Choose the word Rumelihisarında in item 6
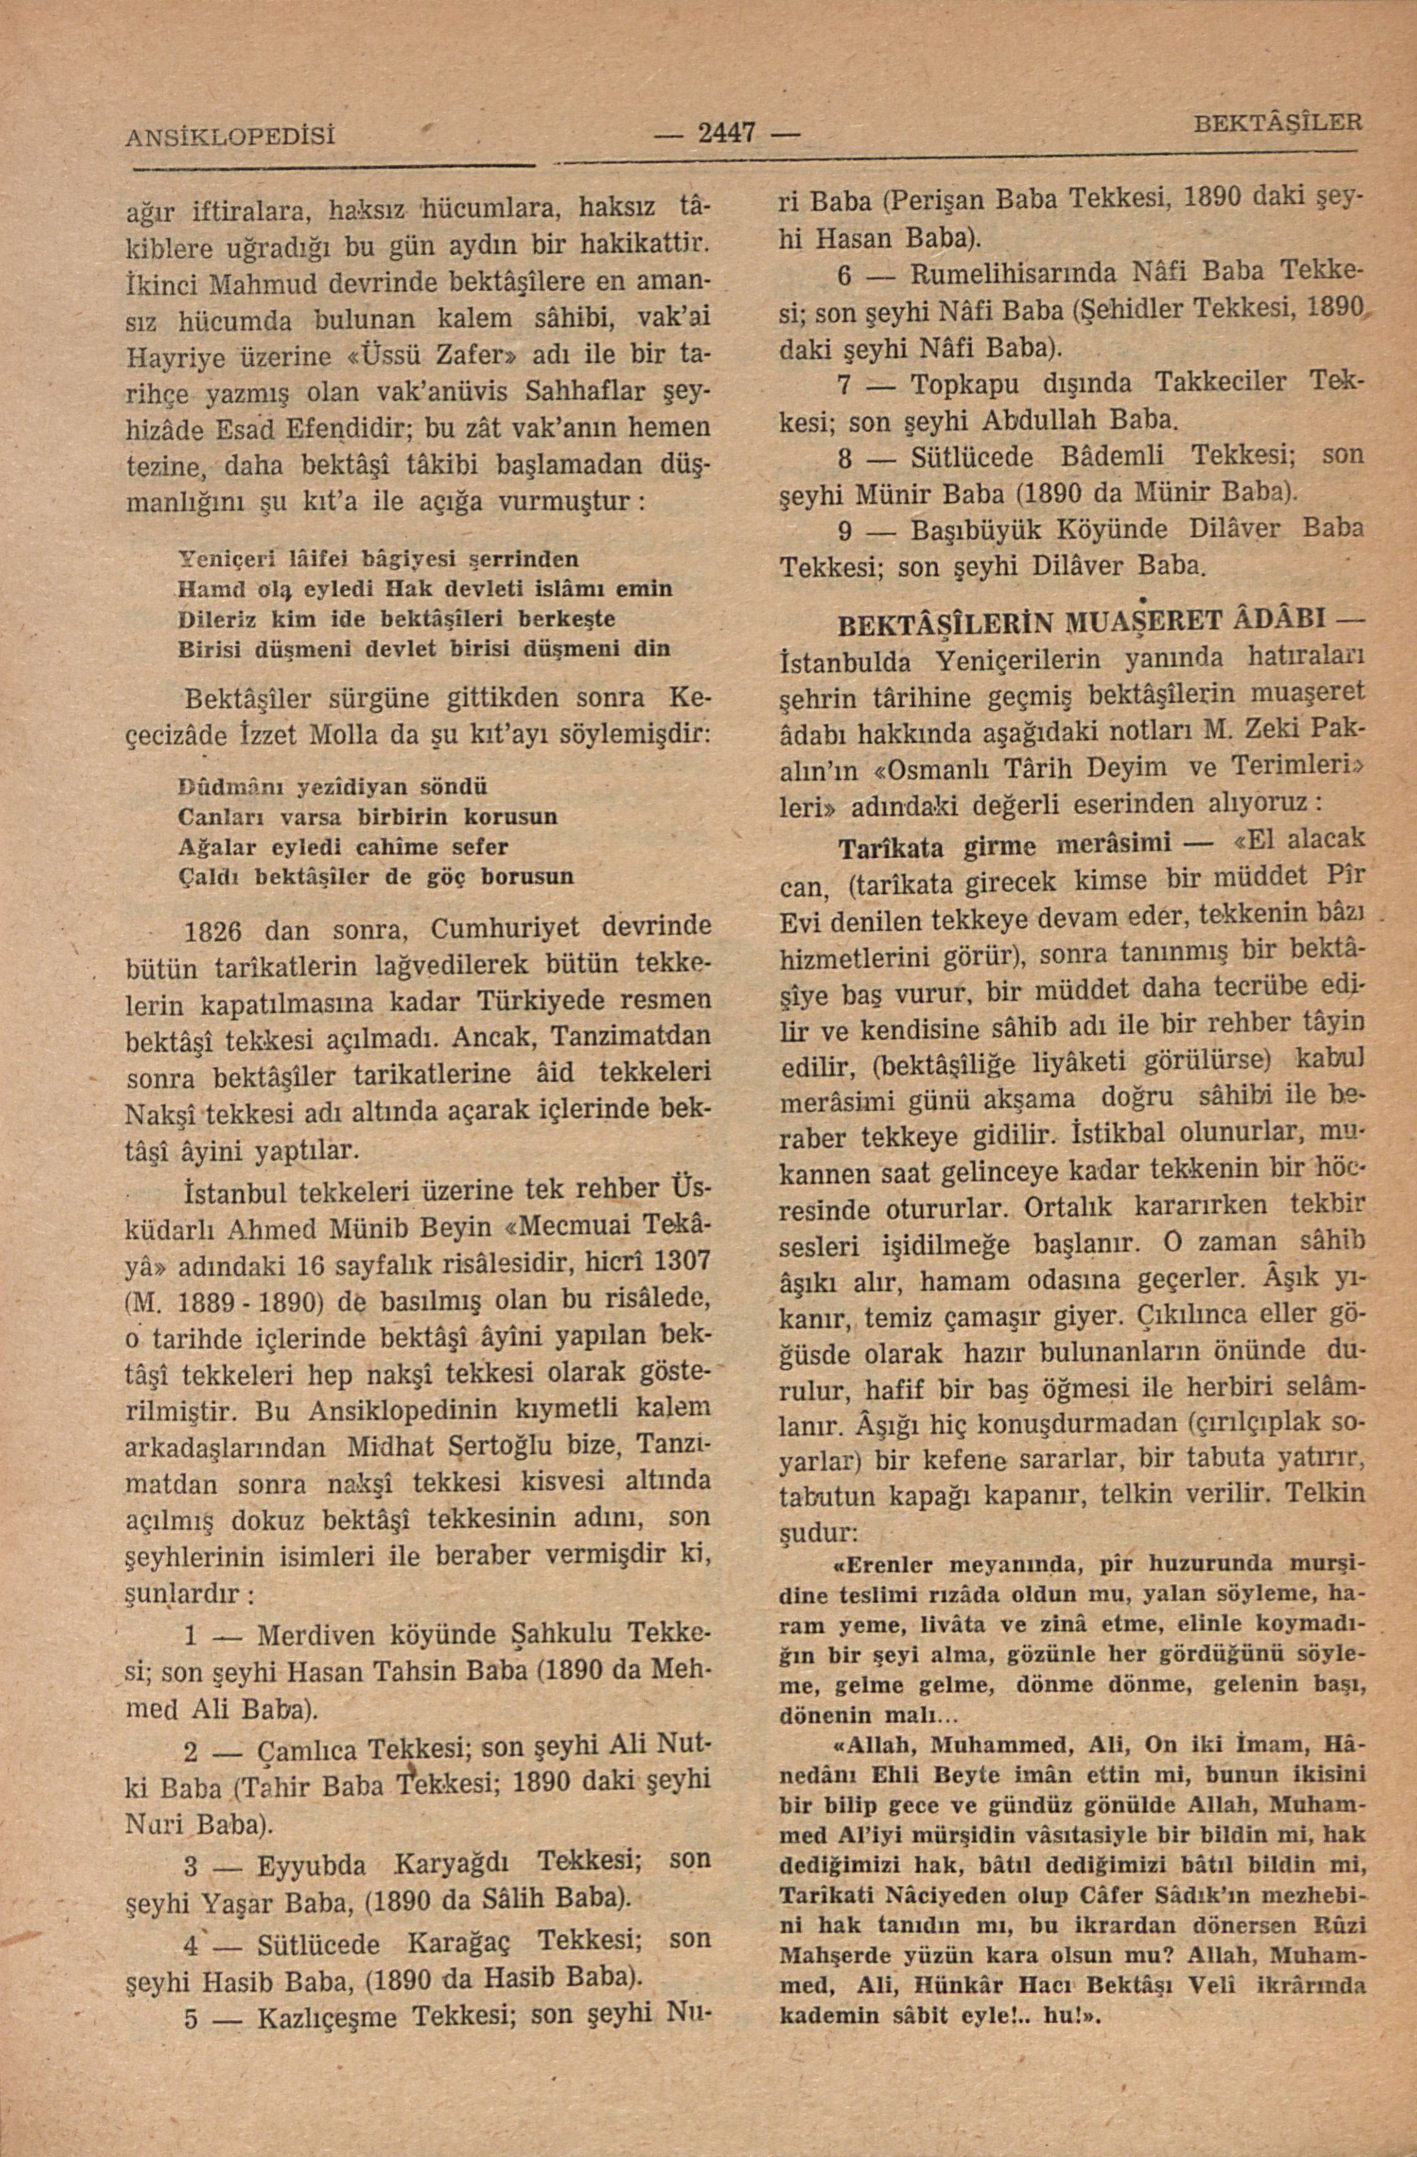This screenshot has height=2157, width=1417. [x=1014, y=272]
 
